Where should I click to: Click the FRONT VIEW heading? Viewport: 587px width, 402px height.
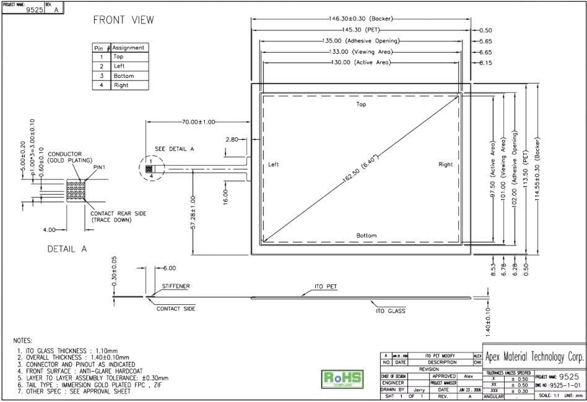click(123, 20)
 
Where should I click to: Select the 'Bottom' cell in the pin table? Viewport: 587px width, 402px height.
click(124, 75)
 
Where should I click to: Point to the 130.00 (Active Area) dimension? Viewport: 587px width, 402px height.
click(361, 62)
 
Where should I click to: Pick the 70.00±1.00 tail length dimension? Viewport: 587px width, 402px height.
click(198, 122)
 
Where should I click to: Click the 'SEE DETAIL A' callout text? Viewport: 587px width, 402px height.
click(173, 149)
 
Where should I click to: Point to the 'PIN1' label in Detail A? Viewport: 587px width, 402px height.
click(99, 167)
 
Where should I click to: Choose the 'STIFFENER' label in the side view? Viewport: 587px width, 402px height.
click(176, 287)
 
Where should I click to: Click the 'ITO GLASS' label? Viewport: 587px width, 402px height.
click(391, 311)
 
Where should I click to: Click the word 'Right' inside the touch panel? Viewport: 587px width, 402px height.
click(445, 165)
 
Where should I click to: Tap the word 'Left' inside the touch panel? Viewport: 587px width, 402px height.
click(274, 165)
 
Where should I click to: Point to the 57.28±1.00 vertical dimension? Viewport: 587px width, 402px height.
click(193, 213)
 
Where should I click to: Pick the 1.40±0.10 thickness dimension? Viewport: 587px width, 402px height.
click(489, 317)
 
